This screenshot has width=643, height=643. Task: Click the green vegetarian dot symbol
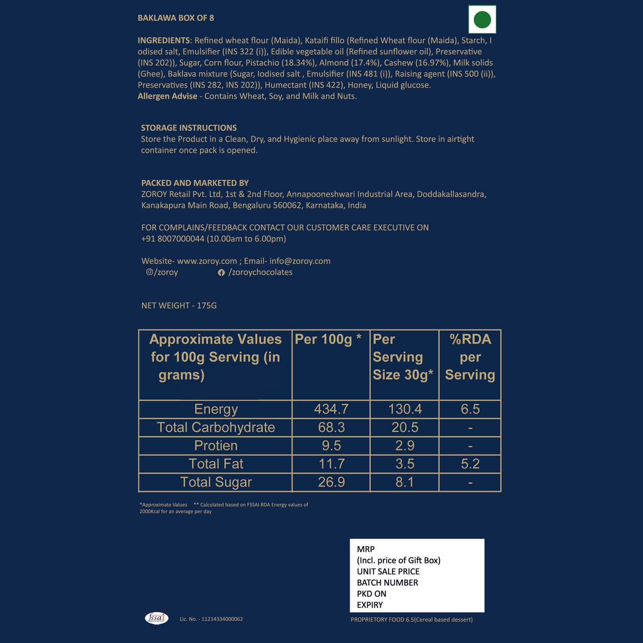click(482, 20)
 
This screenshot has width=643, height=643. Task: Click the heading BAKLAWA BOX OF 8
click(176, 18)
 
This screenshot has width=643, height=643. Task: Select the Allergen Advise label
click(167, 96)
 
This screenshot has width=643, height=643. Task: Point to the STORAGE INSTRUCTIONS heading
click(189, 128)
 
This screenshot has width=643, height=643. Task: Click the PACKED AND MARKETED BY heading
click(195, 183)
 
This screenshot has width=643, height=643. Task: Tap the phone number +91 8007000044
click(173, 239)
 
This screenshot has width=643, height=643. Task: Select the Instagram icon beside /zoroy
click(149, 272)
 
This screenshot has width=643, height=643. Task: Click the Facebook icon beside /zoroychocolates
click(221, 273)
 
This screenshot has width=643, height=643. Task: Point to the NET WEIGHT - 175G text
click(179, 306)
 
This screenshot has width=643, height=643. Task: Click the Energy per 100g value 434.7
click(331, 409)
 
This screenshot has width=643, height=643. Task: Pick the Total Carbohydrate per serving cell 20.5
click(404, 427)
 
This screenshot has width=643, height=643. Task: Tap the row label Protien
click(216, 446)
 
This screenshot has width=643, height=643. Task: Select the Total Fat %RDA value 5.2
click(470, 464)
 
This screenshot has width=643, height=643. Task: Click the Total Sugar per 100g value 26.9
click(331, 482)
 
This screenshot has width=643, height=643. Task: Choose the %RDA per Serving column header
click(470, 357)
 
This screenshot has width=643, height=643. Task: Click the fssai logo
click(156, 618)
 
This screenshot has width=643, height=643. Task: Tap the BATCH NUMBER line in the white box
click(387, 583)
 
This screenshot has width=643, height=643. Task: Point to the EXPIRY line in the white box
click(370, 605)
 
